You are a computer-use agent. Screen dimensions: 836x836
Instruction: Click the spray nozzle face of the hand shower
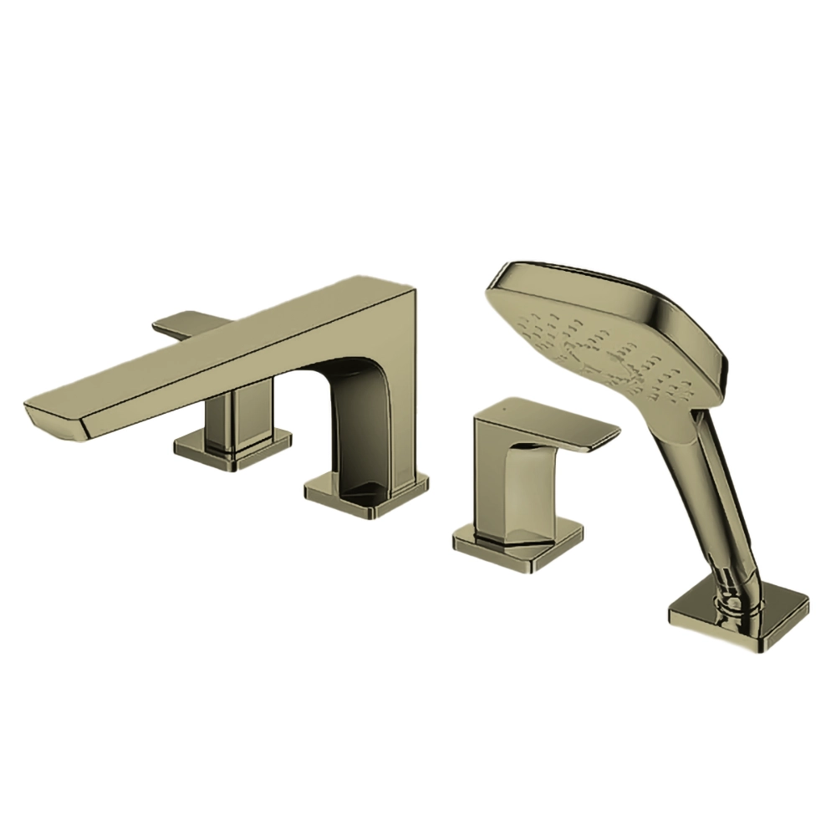point(602,351)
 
